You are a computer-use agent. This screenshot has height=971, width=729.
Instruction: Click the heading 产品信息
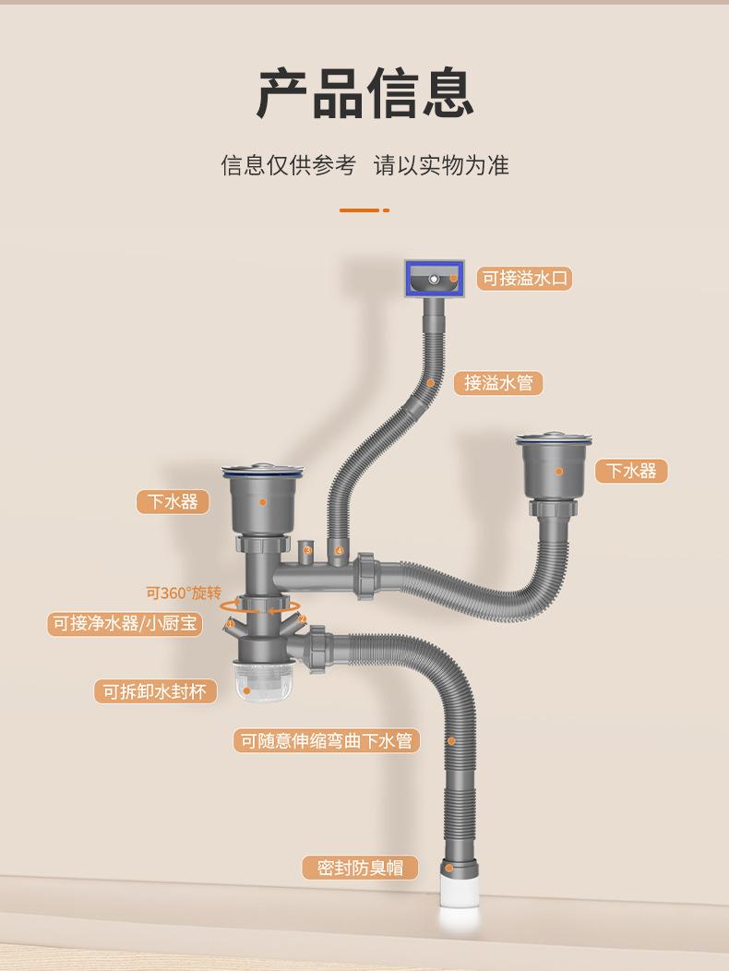pos(364,93)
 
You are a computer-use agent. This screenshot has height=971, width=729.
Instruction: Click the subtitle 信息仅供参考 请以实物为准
pos(364,165)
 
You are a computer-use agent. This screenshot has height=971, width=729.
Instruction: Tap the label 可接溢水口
pos(524,278)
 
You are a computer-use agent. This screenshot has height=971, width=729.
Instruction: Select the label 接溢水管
pos(498,382)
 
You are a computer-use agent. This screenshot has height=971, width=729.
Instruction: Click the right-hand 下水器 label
pos(631,471)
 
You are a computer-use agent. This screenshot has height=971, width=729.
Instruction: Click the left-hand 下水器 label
pos(173,501)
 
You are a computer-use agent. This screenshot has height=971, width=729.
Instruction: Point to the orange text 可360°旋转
pos(184,593)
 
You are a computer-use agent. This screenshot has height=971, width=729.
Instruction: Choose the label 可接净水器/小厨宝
pos(125,624)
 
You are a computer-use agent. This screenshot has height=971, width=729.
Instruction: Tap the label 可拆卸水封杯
pos(154,690)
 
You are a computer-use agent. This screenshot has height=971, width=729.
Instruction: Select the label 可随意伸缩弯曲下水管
pos(327,740)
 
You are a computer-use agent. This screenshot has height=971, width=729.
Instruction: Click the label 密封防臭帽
pos(360,868)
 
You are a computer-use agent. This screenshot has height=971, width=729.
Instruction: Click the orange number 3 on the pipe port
pos(308,551)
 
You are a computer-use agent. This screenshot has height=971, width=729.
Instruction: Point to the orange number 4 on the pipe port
pos(339,551)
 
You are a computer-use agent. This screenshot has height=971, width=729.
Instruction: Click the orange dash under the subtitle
pos(360,210)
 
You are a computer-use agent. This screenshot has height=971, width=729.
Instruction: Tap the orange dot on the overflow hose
pos(430,382)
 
